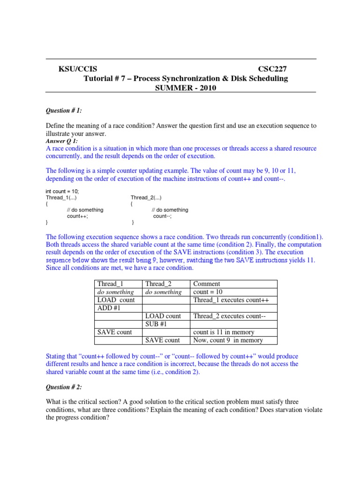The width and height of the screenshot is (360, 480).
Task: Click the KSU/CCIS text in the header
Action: [78, 69]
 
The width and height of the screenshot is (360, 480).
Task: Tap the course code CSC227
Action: [279, 69]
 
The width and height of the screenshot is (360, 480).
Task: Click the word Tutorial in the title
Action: [99, 78]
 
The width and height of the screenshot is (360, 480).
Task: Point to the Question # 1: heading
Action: [64, 111]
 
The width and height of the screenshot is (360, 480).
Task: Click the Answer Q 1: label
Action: [61, 141]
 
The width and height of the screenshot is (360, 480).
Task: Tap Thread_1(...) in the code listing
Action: [61, 198]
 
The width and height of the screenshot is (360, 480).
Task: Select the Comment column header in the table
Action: [206, 284]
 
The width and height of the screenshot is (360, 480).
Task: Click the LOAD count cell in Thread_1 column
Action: [116, 300]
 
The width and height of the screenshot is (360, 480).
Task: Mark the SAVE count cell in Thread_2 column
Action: [162, 340]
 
